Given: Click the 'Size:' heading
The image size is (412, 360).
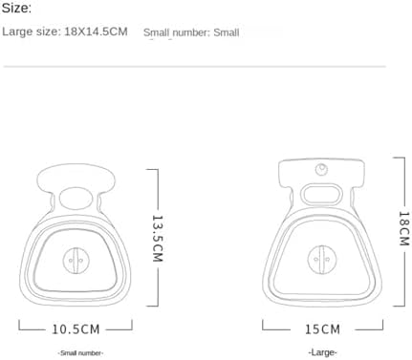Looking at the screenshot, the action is [x=16, y=8].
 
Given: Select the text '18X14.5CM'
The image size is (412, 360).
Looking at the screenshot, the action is [x=96, y=32].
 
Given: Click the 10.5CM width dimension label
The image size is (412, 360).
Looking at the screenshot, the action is [x=76, y=329].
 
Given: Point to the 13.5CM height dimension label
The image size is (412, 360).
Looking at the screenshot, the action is [x=158, y=239].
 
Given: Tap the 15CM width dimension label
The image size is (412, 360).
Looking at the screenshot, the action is [x=322, y=329].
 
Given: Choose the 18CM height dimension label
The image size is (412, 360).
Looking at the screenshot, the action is [x=403, y=228].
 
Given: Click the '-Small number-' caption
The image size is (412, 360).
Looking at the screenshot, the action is [x=80, y=352].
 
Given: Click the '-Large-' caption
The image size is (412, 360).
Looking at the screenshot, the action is [x=322, y=352].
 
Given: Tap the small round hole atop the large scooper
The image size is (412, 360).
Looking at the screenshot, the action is [x=321, y=169].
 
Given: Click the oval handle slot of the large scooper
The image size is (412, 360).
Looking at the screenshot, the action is [x=322, y=194].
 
